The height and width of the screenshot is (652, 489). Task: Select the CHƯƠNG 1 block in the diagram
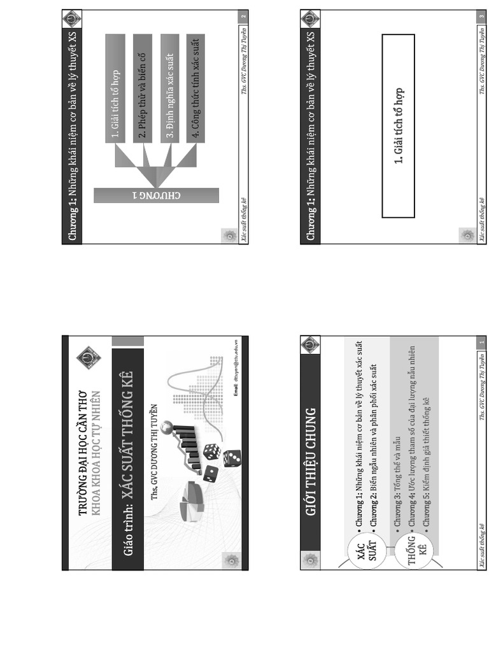click(x=156, y=195)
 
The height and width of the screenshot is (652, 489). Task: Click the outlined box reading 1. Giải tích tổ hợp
click(x=398, y=126)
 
